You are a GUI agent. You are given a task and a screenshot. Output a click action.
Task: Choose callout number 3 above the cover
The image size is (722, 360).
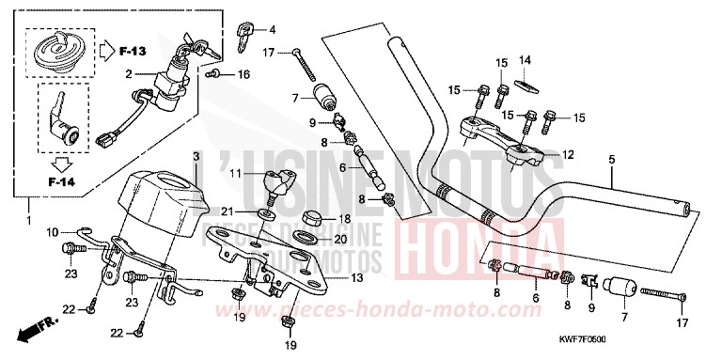(196, 155)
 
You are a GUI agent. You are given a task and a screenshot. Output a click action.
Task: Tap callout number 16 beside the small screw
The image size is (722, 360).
(244, 72)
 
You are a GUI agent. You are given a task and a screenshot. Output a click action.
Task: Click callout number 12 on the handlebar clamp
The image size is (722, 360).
(566, 154)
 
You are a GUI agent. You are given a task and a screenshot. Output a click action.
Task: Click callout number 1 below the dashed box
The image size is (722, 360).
(26, 222)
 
